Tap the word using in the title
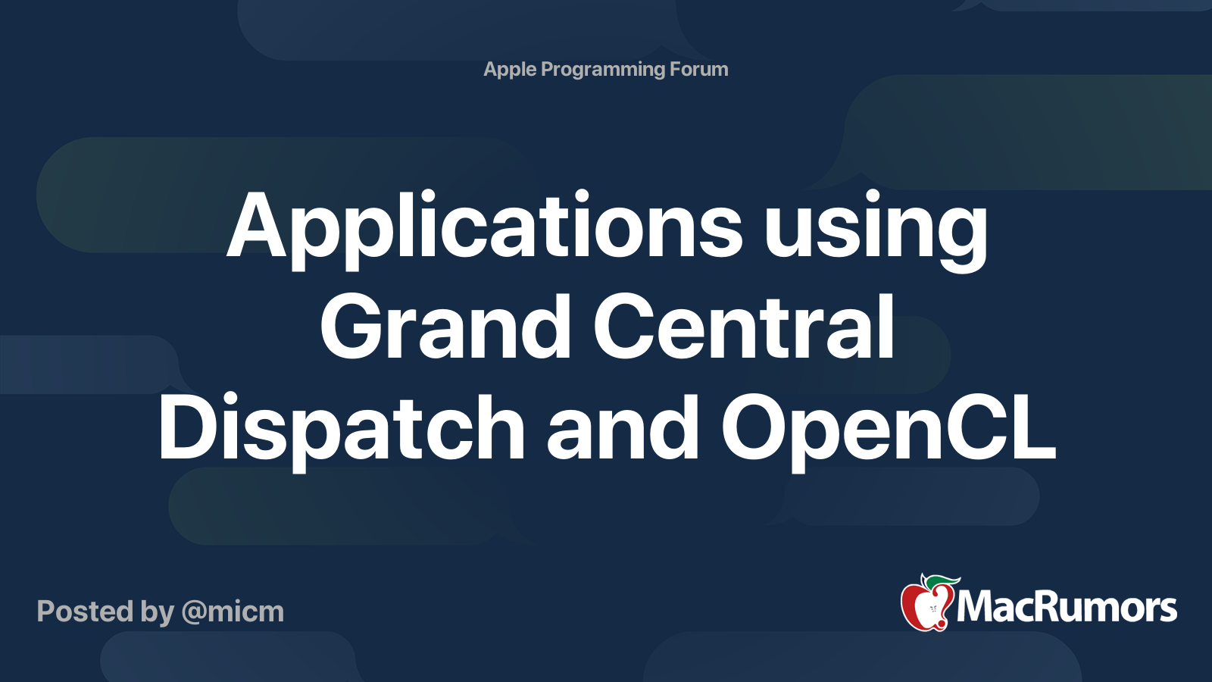(876, 231)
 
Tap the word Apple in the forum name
(510, 70)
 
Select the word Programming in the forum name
(603, 70)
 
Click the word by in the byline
(157, 612)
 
